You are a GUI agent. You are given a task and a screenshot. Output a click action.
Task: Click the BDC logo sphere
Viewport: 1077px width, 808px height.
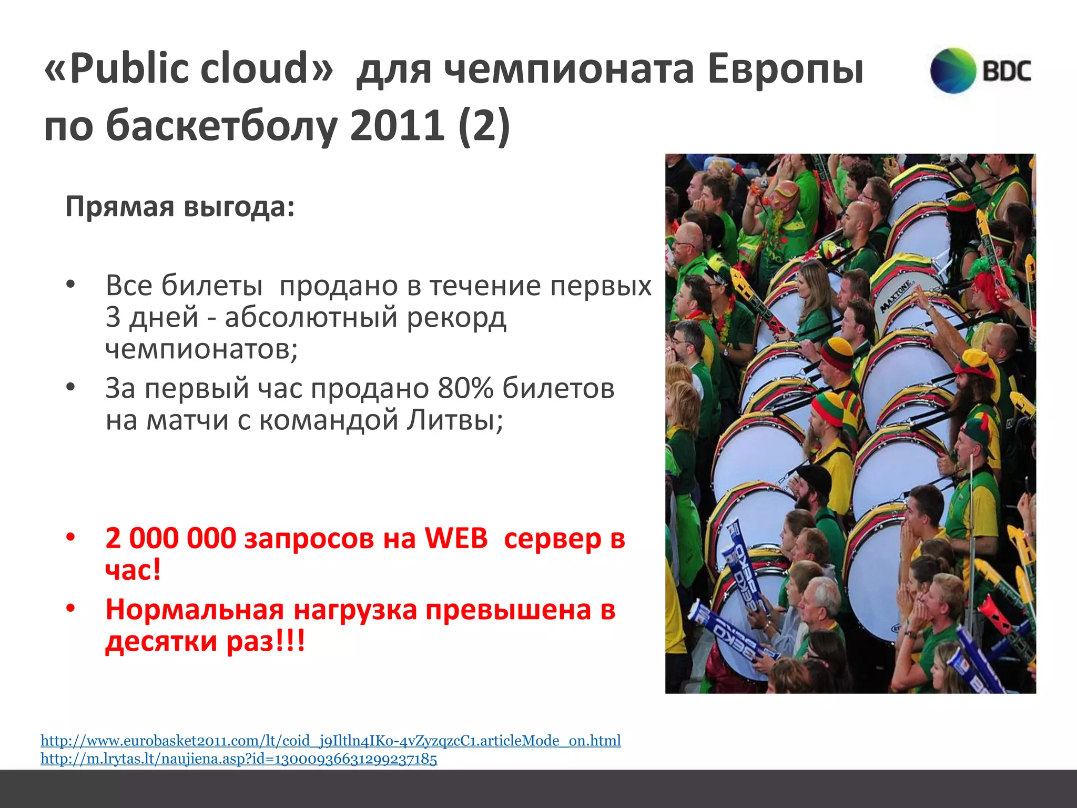pos(953,71)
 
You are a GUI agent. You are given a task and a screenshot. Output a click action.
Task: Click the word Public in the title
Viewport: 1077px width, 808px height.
pos(129,68)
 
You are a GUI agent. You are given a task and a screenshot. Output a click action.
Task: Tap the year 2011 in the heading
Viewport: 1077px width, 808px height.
pos(397,125)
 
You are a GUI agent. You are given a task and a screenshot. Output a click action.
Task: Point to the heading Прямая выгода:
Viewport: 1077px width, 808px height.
pos(180,207)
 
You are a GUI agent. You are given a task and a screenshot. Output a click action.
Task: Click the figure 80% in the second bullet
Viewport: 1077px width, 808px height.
pos(466,389)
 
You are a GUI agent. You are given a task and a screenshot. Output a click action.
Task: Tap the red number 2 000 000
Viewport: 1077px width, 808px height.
pos(171,538)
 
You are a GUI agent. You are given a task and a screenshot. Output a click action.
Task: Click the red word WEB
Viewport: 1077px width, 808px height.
pos(456,538)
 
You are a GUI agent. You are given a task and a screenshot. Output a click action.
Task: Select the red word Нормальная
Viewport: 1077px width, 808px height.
pos(195,610)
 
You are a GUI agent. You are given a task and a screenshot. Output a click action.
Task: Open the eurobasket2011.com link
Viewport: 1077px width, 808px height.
pos(331,741)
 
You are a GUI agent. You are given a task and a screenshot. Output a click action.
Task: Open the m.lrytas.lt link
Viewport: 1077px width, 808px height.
pos(239,759)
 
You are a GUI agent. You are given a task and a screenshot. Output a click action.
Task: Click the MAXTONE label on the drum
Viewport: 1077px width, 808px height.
pos(896,296)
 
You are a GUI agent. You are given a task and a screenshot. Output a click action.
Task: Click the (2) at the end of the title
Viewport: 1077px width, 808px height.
pos(483,125)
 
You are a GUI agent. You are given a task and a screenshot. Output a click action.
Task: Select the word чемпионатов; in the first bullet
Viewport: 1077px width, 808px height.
pos(201,348)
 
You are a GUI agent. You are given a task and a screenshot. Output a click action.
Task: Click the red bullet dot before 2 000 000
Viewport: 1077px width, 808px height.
pos(70,538)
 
